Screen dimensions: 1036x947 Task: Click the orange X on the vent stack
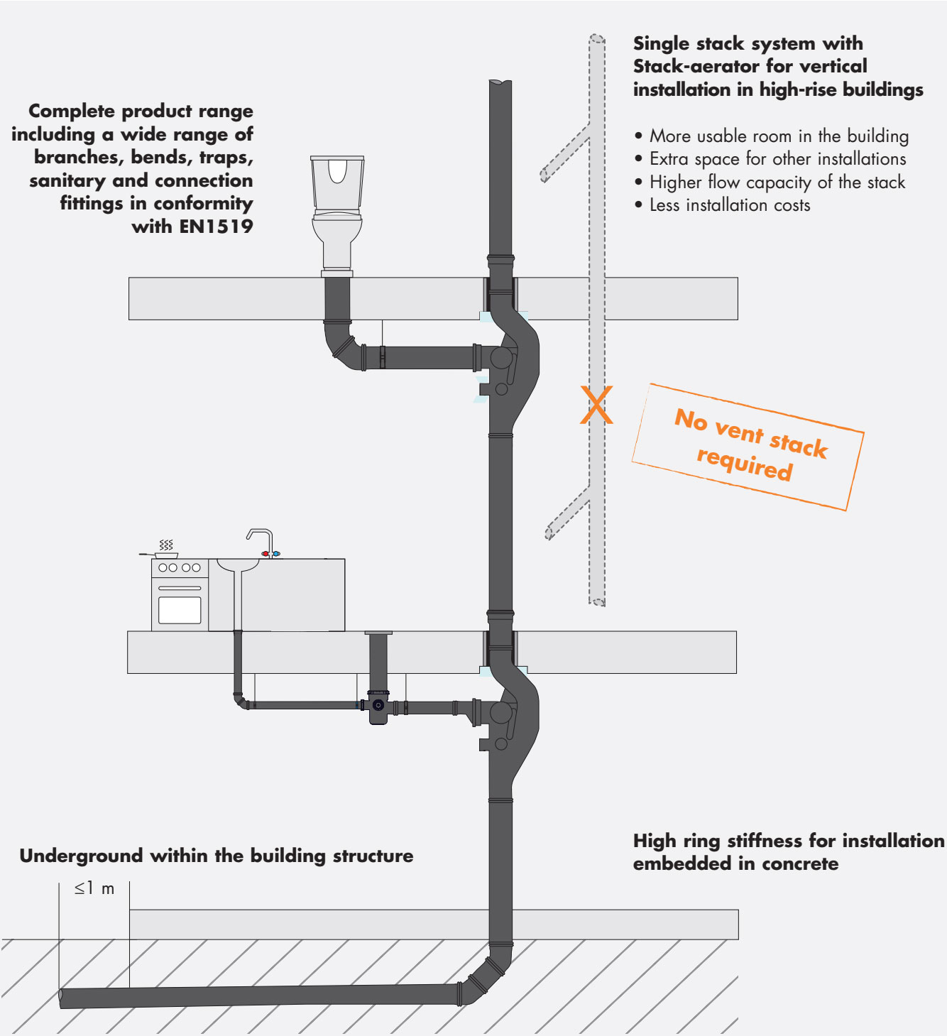[x=596, y=405]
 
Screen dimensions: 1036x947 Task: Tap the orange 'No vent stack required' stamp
[x=748, y=447]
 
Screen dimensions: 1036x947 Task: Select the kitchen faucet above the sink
[x=261, y=542]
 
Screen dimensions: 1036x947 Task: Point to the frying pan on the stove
[x=165, y=555]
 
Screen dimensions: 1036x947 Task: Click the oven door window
[x=180, y=610]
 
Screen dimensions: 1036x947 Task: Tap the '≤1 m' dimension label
[x=94, y=888]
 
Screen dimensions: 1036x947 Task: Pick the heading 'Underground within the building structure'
[x=217, y=856]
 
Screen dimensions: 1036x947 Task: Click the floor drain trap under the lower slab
[x=378, y=707]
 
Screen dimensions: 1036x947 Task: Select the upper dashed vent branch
[x=565, y=153]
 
